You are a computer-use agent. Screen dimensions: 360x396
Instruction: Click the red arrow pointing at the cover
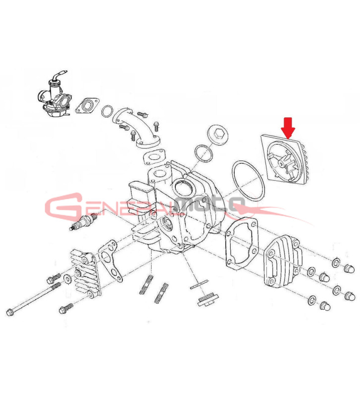(288, 128)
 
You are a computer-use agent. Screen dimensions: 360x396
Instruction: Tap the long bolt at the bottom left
(33, 299)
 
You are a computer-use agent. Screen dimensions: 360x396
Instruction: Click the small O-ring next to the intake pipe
(107, 111)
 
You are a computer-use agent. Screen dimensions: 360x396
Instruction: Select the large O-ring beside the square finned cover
(248, 181)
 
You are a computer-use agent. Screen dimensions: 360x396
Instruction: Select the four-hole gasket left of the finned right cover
(241, 242)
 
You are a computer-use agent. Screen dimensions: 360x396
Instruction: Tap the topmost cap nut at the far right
(350, 268)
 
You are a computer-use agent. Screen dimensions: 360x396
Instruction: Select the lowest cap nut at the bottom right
(325, 306)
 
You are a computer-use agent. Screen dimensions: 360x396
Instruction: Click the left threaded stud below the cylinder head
(146, 284)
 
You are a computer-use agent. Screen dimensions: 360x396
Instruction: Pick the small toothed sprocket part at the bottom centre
(207, 299)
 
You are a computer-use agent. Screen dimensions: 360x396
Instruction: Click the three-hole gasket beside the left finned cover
(110, 261)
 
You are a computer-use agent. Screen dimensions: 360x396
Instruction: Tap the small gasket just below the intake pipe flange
(154, 157)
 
